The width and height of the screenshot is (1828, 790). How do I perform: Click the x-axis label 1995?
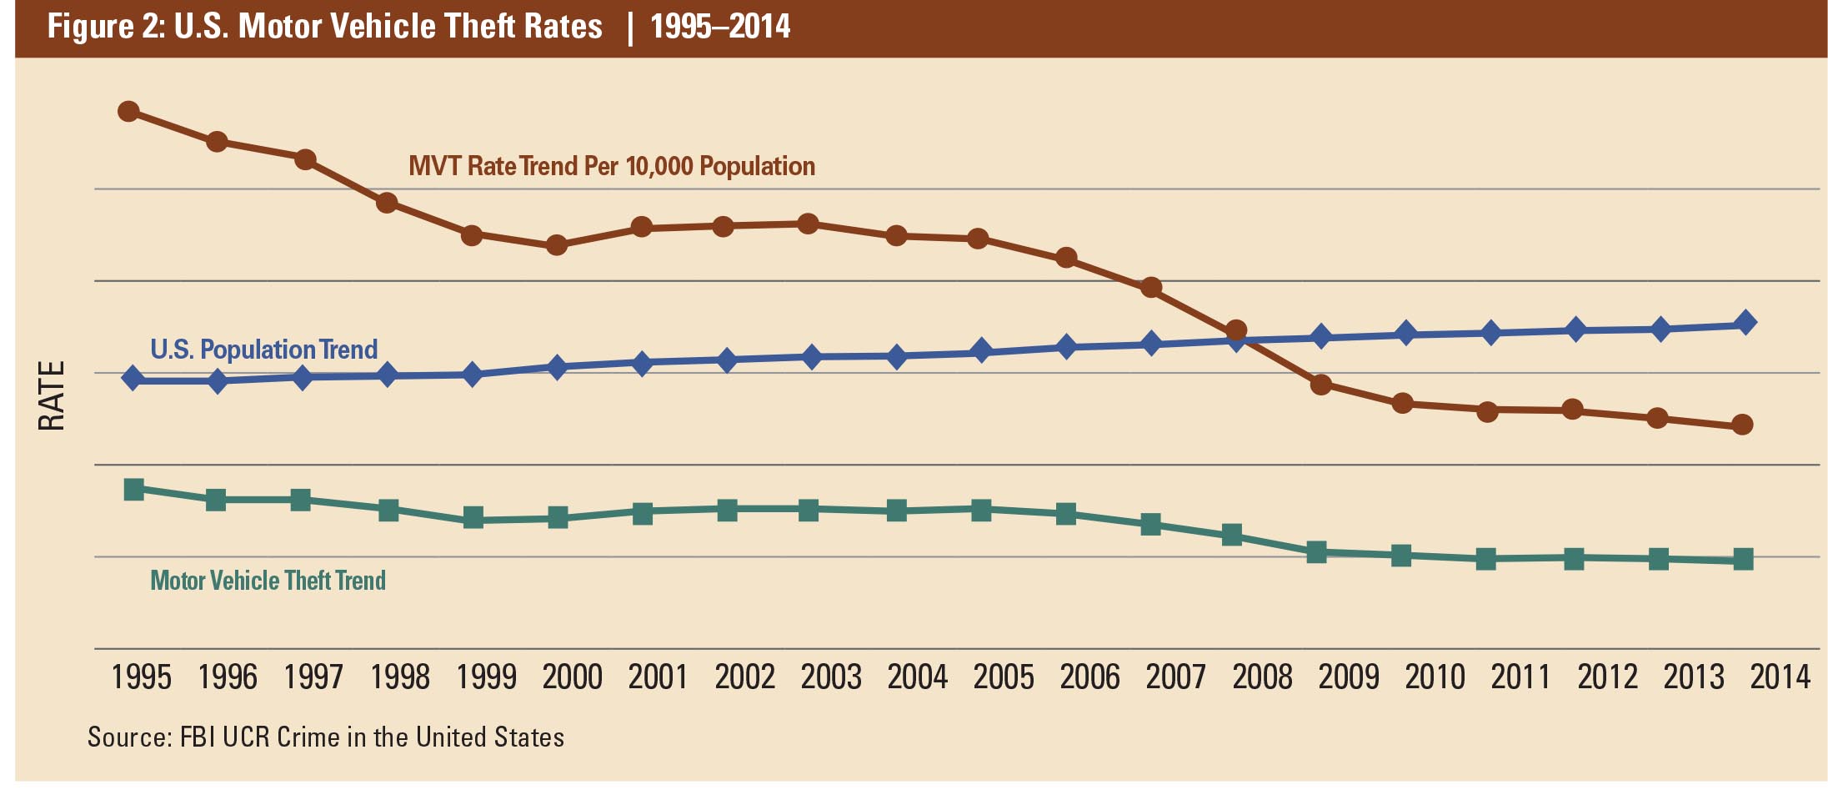click(x=141, y=677)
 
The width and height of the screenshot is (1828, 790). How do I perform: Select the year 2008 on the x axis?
click(x=1262, y=677)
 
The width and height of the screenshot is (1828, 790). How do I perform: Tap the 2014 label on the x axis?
click(x=1780, y=677)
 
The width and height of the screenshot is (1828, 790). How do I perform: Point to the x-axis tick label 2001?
click(x=658, y=677)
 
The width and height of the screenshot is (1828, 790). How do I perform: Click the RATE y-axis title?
click(x=52, y=396)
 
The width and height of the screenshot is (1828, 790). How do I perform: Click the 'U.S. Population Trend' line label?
click(x=263, y=349)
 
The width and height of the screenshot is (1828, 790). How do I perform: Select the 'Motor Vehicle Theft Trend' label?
click(x=268, y=581)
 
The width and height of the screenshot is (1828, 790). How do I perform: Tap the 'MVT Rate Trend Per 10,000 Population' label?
click(x=611, y=166)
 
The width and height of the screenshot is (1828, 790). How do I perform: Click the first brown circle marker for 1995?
click(x=128, y=111)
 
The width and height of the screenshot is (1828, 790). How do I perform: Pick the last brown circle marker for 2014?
click(x=1742, y=425)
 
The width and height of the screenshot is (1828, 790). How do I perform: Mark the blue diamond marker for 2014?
click(x=1745, y=322)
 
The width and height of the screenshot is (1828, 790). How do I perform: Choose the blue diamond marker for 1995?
click(x=133, y=379)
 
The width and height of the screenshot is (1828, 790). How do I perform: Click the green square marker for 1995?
click(x=133, y=489)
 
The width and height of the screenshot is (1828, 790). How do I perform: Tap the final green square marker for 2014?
click(x=1743, y=559)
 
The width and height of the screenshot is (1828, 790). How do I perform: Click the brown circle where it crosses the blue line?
click(x=1236, y=331)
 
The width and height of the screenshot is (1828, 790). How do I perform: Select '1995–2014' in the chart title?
click(x=720, y=27)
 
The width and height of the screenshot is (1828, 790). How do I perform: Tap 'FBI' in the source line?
click(x=198, y=737)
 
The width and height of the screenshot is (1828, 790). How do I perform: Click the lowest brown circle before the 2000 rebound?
click(x=556, y=245)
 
